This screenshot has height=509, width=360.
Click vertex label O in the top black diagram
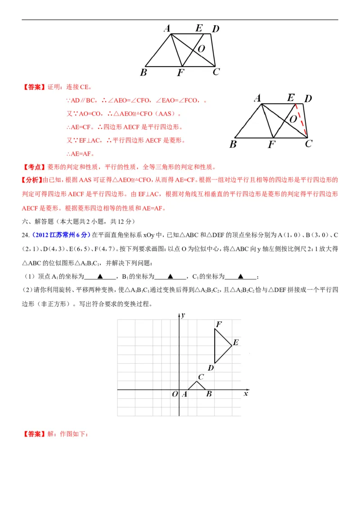(201, 49)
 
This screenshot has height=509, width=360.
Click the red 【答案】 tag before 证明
(34, 87)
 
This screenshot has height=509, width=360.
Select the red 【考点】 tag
(34, 167)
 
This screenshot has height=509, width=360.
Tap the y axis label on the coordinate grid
(184, 315)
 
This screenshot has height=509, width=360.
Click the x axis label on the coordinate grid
(246, 393)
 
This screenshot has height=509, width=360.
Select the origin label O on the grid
(175, 394)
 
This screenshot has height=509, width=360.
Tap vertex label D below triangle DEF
(210, 368)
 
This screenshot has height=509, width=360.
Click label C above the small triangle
(201, 377)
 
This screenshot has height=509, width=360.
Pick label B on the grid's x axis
(209, 394)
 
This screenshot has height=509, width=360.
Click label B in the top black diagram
(143, 72)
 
